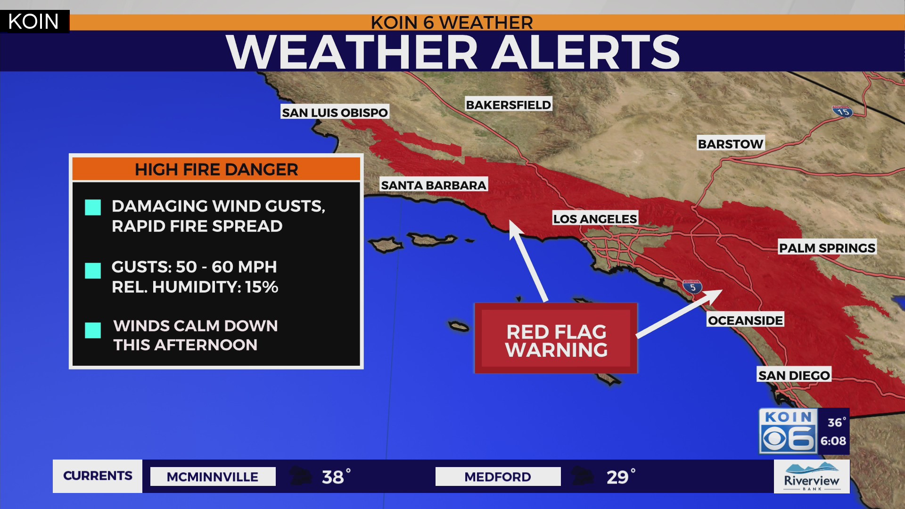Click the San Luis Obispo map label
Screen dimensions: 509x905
(x=335, y=113)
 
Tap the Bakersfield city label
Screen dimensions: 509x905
(x=508, y=105)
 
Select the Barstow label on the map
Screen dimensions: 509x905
(x=730, y=144)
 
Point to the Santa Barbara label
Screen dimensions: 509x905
(x=433, y=185)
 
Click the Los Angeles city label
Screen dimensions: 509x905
(x=595, y=219)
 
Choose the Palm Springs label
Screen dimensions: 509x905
(x=827, y=248)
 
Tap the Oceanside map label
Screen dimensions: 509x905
(x=745, y=320)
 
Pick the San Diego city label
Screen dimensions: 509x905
(x=794, y=376)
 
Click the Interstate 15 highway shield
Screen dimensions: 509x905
(x=843, y=112)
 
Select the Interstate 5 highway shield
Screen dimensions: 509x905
(x=692, y=287)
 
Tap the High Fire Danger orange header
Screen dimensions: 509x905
(x=216, y=170)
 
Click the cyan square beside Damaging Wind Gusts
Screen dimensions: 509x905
(x=93, y=207)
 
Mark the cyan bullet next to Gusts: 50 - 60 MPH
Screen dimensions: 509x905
(x=93, y=271)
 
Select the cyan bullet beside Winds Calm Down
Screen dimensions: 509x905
(x=93, y=330)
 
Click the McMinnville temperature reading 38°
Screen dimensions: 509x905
(x=336, y=477)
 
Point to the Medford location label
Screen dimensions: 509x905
(x=498, y=477)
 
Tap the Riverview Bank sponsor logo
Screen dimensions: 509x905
(x=812, y=477)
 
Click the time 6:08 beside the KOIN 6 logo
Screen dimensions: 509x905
(x=833, y=441)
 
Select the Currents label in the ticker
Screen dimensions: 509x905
(x=98, y=476)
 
